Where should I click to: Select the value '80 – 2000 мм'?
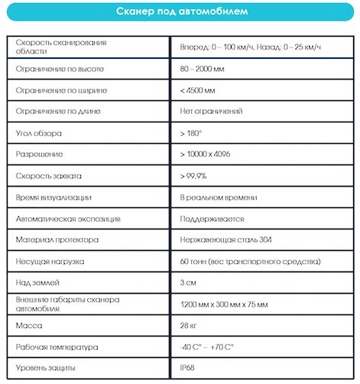[204, 69]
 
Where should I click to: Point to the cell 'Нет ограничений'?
[211, 112]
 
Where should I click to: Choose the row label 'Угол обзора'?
[39, 133]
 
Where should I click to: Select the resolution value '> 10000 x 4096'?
[205, 155]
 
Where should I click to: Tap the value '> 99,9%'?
[193, 176]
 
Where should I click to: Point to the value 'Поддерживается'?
[212, 219]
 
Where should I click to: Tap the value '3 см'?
[188, 283]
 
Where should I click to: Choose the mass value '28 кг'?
[189, 326]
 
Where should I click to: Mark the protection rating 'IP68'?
[188, 369]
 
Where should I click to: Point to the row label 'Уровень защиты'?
[47, 369]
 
